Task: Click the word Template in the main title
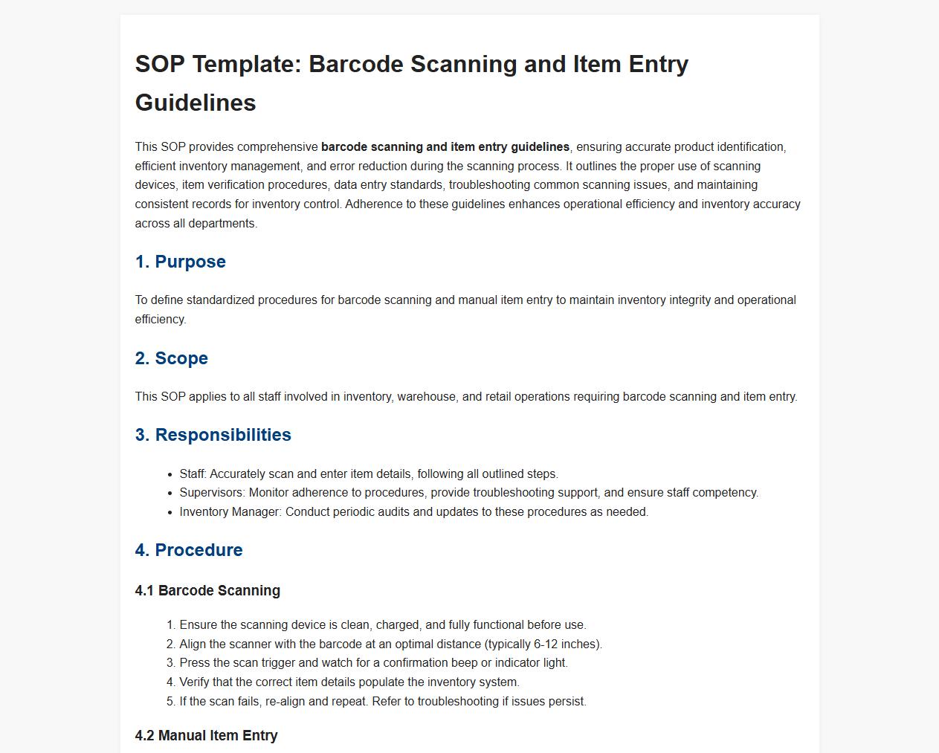point(245,65)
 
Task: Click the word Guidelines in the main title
point(196,103)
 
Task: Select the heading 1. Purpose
point(180,262)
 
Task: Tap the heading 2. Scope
point(171,358)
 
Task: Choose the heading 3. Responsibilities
point(213,435)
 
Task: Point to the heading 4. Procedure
point(189,550)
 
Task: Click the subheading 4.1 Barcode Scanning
point(207,591)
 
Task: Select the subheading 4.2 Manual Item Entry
point(206,736)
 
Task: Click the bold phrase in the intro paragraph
point(445,147)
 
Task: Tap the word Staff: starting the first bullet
point(193,474)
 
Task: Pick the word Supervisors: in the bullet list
point(212,493)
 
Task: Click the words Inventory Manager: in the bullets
point(230,512)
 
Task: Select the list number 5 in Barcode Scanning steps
point(170,702)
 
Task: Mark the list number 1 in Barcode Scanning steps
point(170,625)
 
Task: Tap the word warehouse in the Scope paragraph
point(426,397)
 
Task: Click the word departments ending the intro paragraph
point(222,224)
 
